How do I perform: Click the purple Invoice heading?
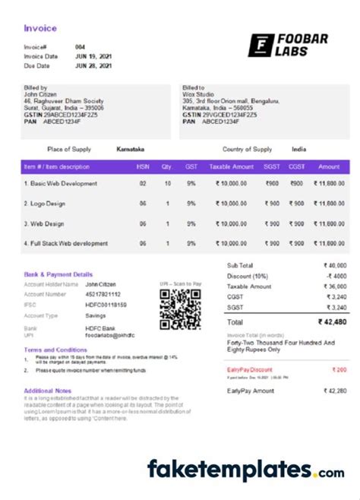[40, 29]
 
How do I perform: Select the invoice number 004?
[81, 47]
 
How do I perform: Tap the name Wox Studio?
[197, 95]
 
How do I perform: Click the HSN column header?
[142, 166]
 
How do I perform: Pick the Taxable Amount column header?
[231, 166]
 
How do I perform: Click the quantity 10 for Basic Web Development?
[166, 184]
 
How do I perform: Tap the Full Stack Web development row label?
[66, 243]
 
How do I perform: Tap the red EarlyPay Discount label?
[250, 369]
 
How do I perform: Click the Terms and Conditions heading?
[55, 350]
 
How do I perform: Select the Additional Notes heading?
[48, 391]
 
